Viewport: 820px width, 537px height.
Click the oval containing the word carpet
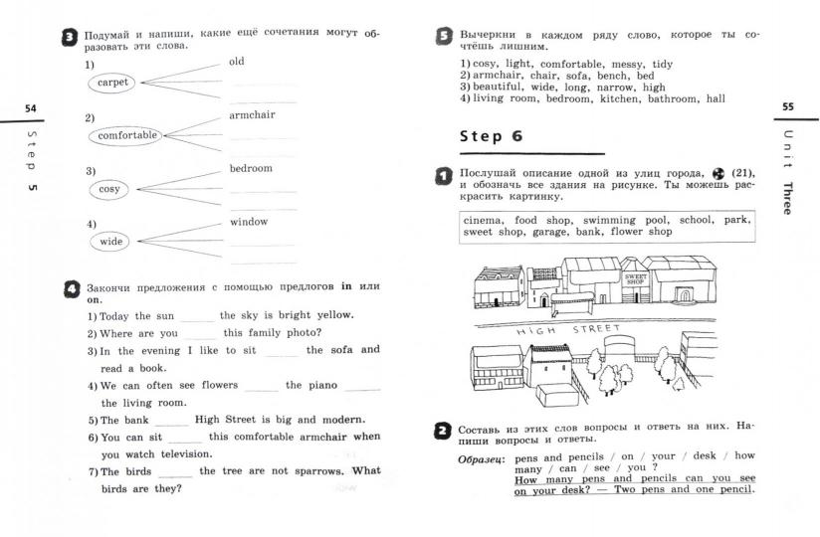point(112,83)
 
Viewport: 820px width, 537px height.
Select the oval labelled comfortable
point(127,135)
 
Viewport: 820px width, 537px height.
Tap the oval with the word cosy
point(109,189)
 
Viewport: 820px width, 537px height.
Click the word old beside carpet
point(236,62)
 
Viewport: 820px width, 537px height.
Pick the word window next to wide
point(249,222)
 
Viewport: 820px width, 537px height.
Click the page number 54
point(30,106)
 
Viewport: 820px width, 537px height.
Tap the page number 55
point(787,106)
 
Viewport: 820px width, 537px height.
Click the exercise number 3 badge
point(70,38)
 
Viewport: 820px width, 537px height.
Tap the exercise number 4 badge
point(70,289)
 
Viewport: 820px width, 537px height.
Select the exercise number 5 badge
point(444,38)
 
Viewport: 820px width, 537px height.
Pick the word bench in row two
point(610,76)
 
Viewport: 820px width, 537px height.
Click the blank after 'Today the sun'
point(198,316)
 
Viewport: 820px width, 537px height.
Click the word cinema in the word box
point(485,220)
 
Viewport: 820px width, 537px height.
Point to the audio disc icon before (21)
point(718,173)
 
